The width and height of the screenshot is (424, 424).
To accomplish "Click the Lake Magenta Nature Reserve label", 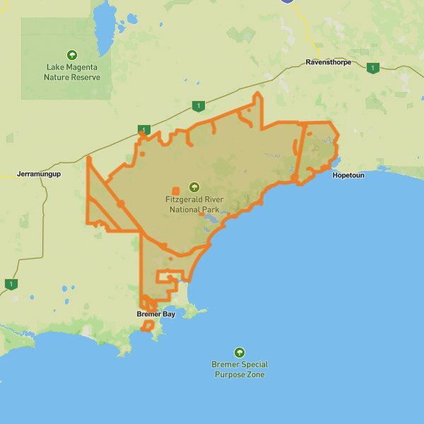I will [x=73, y=72].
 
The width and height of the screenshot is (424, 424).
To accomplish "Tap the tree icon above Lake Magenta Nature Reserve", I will [x=72, y=54].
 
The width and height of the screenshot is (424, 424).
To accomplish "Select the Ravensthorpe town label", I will [x=329, y=63].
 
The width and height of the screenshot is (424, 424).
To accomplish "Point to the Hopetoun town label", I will [x=348, y=175].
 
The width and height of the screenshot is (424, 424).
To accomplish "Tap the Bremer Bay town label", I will [x=155, y=314].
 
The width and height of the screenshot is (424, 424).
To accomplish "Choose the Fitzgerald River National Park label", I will [x=194, y=205].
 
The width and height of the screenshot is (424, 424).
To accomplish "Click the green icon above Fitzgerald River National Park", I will [x=194, y=187].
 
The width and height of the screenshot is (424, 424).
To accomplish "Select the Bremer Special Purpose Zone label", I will [x=240, y=370].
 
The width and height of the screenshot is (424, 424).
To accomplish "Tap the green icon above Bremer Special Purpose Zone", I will [x=240, y=352].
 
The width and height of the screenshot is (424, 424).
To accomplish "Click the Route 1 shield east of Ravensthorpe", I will [x=372, y=68].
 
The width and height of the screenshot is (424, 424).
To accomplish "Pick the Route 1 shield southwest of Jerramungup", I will [x=11, y=284].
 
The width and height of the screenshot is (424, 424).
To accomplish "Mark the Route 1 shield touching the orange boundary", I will [x=144, y=130].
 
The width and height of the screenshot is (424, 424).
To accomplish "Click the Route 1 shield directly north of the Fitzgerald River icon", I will [x=199, y=107].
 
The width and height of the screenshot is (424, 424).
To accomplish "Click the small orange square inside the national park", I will [x=175, y=190].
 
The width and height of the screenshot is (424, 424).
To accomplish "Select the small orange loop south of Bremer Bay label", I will [x=148, y=326].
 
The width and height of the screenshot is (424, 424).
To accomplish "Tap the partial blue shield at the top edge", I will [x=287, y=2].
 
